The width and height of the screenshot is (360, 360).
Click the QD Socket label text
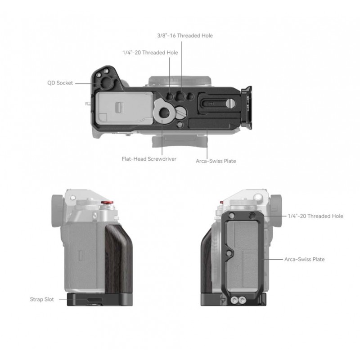[60, 83]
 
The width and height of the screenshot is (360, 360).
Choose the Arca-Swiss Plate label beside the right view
[305, 260]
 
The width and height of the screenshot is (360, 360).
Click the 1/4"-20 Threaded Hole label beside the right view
[315, 216]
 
